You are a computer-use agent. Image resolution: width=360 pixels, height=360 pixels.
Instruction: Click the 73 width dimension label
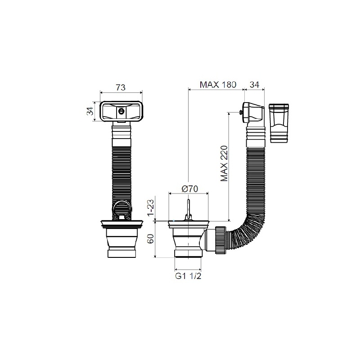coord(121,87)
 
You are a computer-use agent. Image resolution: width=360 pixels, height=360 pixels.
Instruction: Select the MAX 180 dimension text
coord(218,85)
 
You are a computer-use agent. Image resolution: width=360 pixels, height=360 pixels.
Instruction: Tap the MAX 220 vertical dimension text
coord(224,163)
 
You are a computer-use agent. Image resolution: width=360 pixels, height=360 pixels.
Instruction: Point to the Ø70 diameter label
coord(189,189)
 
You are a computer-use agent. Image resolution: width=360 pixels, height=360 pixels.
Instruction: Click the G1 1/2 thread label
coord(188,276)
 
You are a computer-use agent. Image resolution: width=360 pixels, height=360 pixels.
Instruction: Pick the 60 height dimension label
coord(151,239)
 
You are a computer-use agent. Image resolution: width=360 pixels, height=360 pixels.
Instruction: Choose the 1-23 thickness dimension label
coord(151,208)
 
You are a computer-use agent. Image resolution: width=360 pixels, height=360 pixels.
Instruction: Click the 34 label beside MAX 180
coord(254,85)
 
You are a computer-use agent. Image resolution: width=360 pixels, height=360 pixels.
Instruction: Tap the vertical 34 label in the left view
coord(90,111)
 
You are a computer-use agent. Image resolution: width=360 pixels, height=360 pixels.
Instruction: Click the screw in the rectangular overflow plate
coord(121,112)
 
